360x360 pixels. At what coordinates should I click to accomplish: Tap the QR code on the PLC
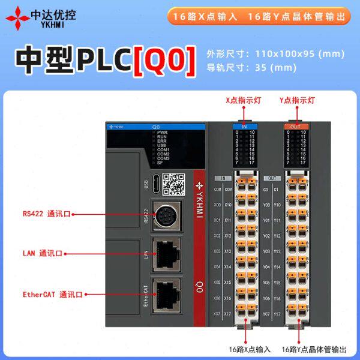pyautogui.click(x=173, y=184)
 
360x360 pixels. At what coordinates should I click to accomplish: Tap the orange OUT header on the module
pyautogui.click(x=296, y=127)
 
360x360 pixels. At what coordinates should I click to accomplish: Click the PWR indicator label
pyautogui.click(x=162, y=132)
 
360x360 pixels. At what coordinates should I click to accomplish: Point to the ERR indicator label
pyautogui.click(x=162, y=141)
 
